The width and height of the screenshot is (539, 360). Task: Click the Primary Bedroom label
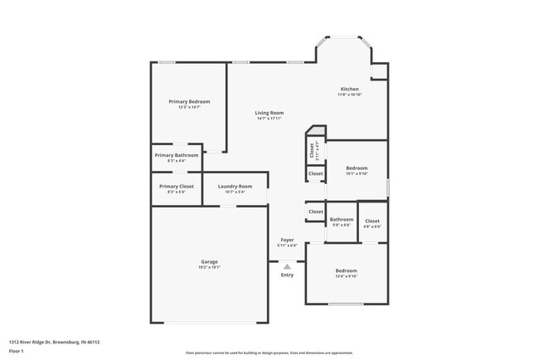click(x=188, y=101)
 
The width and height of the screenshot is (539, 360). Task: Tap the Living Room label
click(x=269, y=113)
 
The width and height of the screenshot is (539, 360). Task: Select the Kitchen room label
click(x=350, y=89)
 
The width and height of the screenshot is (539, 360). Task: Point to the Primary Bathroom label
click(x=176, y=155)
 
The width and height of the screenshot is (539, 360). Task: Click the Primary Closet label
click(x=176, y=186)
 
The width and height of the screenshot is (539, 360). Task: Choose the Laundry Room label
click(x=235, y=186)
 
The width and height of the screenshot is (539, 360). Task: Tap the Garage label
click(x=209, y=261)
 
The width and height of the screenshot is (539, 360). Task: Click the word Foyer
click(x=287, y=240)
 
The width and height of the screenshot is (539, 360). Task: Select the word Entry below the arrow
click(x=287, y=275)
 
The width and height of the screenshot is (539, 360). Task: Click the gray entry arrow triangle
click(x=287, y=266)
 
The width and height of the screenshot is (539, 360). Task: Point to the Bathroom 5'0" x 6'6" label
click(x=342, y=220)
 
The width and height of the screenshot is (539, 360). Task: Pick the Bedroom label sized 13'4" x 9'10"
click(x=346, y=271)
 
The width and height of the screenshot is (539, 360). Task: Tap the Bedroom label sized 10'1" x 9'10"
click(x=357, y=168)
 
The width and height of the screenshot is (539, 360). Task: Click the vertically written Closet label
click(x=313, y=150)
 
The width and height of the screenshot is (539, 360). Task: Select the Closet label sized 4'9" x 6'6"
click(x=372, y=221)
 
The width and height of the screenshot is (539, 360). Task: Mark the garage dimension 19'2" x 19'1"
click(x=209, y=268)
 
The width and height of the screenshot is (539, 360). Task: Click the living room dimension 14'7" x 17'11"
click(x=269, y=119)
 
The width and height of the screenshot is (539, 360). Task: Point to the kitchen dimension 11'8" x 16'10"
click(x=350, y=95)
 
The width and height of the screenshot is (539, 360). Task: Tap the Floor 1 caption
click(x=17, y=350)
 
